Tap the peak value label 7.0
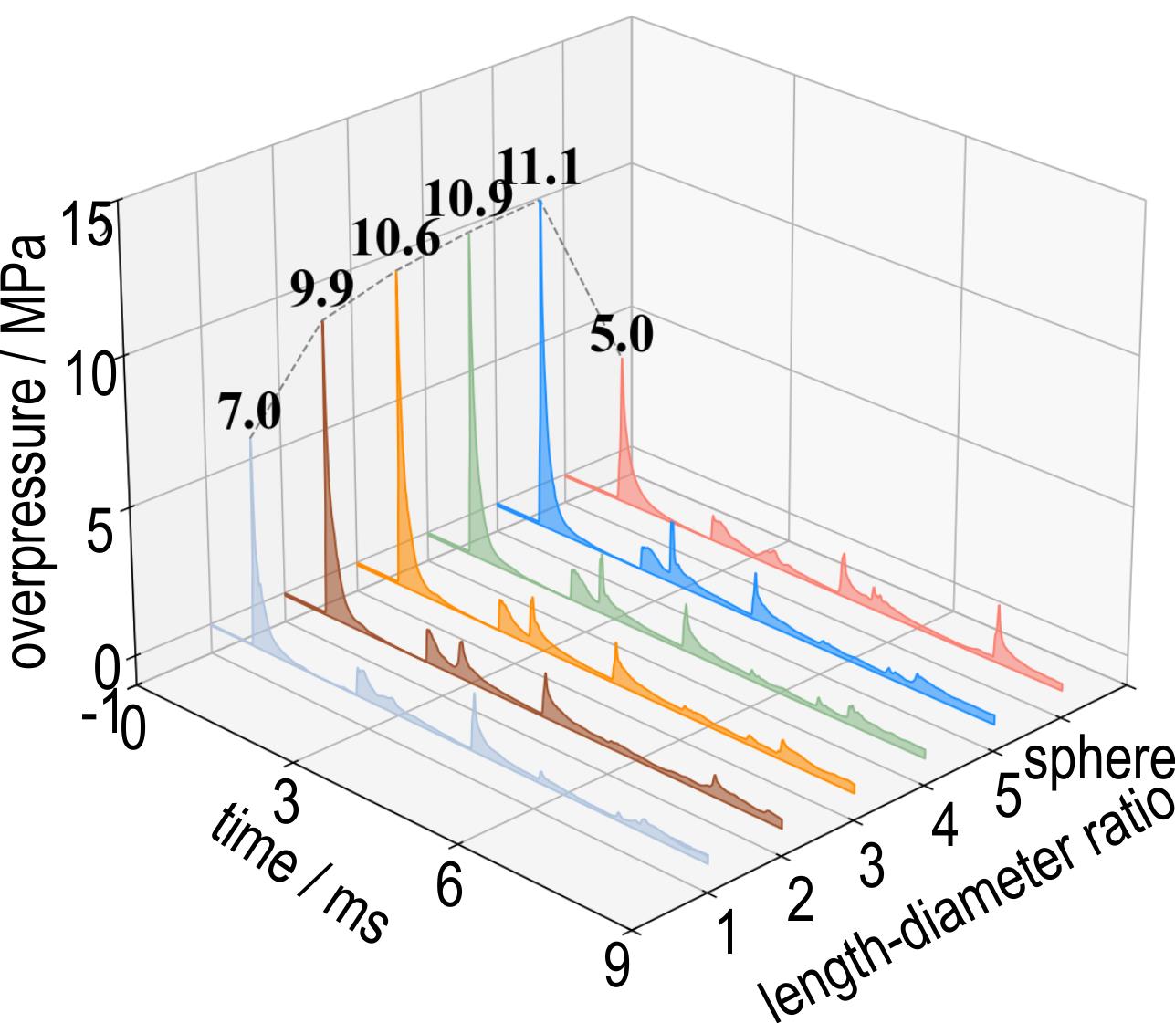(x=249, y=412)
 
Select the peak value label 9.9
(x=322, y=290)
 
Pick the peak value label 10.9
(x=468, y=198)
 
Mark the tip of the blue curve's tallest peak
(x=540, y=201)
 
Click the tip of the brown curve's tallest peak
(x=322, y=320)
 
